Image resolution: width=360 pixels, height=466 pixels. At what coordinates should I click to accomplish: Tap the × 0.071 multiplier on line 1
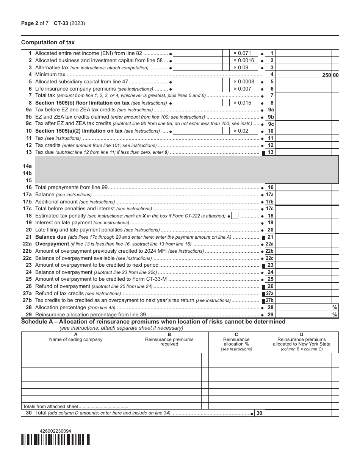(x=242, y=53)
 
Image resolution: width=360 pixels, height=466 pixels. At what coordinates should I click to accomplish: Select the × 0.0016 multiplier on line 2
(x=243, y=60)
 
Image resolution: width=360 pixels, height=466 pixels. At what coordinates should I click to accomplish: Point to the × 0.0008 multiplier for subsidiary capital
(x=243, y=81)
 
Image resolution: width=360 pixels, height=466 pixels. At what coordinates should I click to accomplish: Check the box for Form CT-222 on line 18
(x=235, y=216)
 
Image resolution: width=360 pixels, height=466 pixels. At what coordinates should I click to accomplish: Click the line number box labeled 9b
(x=271, y=117)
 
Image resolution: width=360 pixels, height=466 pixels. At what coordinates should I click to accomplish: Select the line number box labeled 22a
(x=269, y=244)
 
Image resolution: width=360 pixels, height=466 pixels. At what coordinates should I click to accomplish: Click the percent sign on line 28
(x=335, y=308)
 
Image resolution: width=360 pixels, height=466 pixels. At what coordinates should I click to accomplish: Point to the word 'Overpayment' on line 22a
(x=52, y=244)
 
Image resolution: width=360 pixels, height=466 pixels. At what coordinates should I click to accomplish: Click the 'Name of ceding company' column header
(x=76, y=339)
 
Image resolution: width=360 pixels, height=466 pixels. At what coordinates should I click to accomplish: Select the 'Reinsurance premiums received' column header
(x=169, y=342)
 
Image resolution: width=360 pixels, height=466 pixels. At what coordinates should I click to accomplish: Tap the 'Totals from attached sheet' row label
(x=50, y=406)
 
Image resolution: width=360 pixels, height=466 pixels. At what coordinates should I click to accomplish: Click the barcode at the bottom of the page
(x=56, y=439)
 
